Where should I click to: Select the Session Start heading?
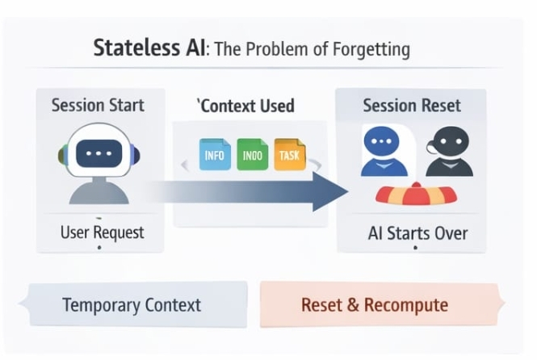[x=98, y=106]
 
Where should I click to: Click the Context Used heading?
[x=247, y=106]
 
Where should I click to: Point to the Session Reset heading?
[x=412, y=106]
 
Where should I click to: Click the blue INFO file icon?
[x=215, y=154]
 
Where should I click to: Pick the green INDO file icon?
[x=252, y=154]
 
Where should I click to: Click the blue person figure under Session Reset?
[x=381, y=153]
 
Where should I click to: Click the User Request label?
[x=102, y=232]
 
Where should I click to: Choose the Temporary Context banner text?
[x=132, y=306]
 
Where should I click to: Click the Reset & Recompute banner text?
[x=374, y=306]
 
